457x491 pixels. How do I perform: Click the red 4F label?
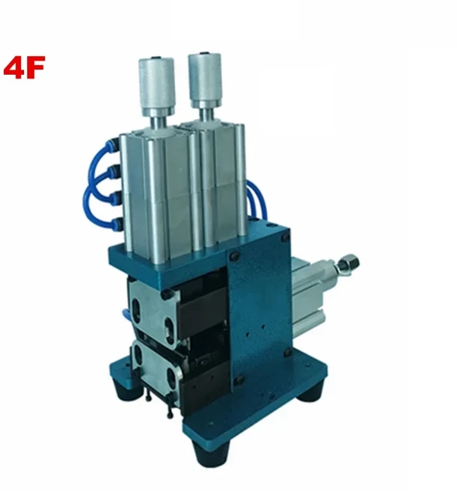pyautogui.click(x=25, y=69)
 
